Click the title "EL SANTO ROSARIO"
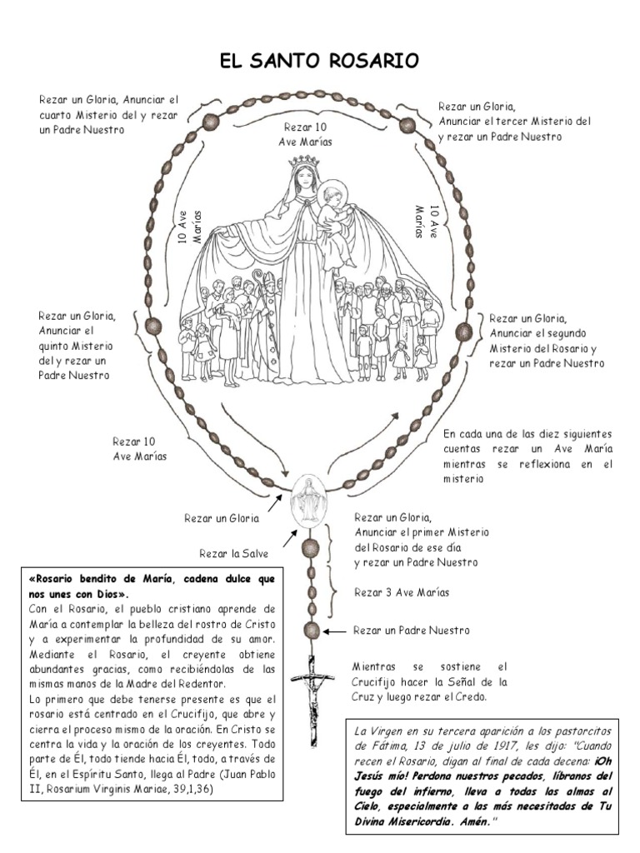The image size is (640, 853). (x=319, y=62)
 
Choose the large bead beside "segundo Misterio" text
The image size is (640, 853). (x=467, y=331)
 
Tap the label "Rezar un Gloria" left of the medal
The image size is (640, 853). (x=222, y=518)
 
